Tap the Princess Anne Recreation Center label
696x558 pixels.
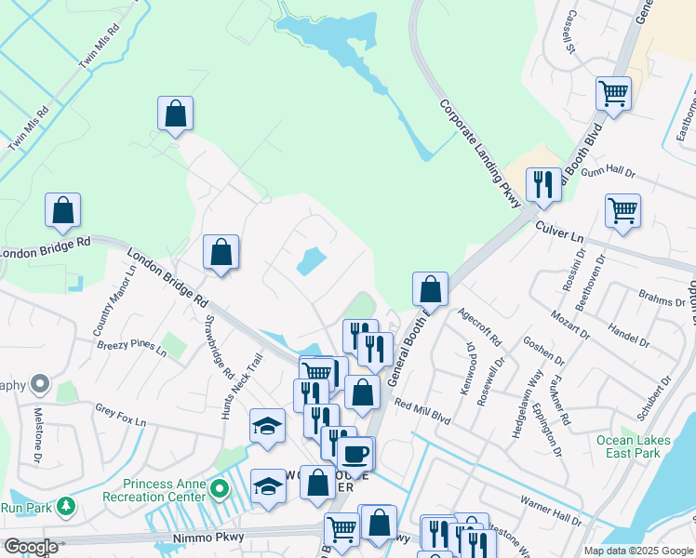tap(166, 489)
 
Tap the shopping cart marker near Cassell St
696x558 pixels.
tap(613, 93)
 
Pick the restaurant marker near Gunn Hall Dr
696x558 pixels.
tap(542, 184)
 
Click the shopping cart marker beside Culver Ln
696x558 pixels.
tap(622, 210)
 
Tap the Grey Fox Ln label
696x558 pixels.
tap(121, 415)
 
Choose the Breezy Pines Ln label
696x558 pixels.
tap(131, 350)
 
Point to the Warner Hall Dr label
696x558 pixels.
tap(550, 508)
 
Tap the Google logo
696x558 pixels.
tap(31, 547)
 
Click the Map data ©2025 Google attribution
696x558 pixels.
tap(637, 551)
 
